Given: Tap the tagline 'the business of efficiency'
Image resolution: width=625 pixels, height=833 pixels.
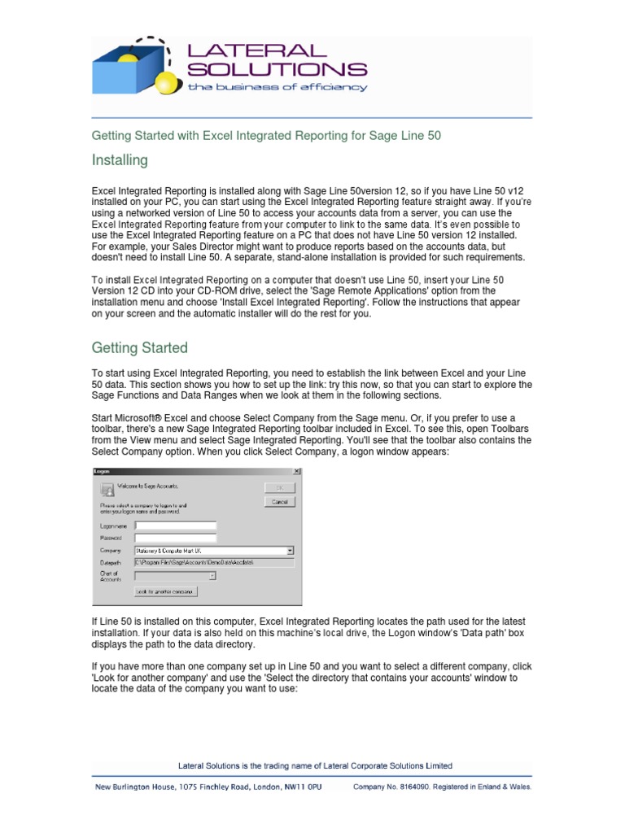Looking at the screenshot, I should coord(278,87).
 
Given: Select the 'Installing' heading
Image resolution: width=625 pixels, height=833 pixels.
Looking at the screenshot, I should coord(120,160).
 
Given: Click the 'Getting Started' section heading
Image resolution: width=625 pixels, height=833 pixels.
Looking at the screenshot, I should coord(139,348).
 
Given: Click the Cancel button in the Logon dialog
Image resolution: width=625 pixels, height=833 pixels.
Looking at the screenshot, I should coord(280,502).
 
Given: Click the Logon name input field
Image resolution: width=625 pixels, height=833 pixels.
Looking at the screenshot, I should coord(176,526).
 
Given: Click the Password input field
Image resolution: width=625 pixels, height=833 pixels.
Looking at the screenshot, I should coord(176,538).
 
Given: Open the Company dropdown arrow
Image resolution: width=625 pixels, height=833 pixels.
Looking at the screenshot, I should coord(291,551).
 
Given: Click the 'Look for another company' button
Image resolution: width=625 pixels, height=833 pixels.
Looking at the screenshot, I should coord(166,592).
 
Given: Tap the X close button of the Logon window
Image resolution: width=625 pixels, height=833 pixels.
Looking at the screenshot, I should coord(295,471).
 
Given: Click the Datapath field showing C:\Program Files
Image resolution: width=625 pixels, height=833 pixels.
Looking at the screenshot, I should coord(213,562).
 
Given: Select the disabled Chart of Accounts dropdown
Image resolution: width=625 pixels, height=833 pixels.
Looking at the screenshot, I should coord(175,576).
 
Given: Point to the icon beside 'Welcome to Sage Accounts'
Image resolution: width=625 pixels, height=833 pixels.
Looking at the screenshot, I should coord(106,489).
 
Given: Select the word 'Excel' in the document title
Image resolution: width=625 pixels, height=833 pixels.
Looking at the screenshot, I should coord(218,136).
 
